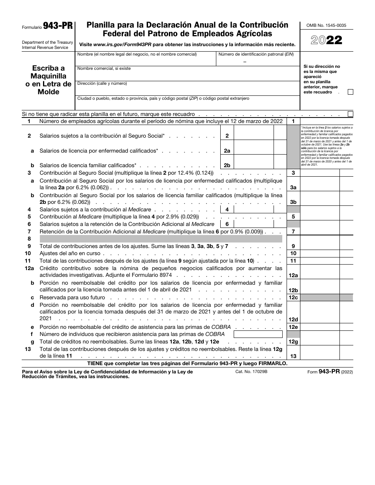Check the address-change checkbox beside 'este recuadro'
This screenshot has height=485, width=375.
(350, 92)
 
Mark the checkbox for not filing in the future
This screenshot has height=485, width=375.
(350, 114)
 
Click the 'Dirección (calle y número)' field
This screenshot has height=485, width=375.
(188, 88)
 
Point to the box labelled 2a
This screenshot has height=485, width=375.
(227, 151)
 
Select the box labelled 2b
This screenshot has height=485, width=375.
(227, 166)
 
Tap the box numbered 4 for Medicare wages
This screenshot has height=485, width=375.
(227, 209)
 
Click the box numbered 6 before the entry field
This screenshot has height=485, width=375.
(227, 224)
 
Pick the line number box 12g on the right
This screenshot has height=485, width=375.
(293, 342)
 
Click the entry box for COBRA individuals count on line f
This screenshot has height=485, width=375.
(258, 334)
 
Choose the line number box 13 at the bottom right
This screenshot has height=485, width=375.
(293, 356)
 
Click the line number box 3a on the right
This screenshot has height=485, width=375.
(293, 188)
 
